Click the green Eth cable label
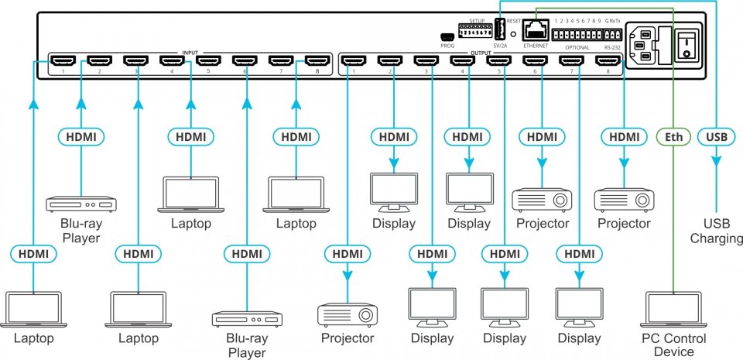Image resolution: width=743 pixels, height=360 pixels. click(674, 137)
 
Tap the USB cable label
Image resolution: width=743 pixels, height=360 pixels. click(717, 137)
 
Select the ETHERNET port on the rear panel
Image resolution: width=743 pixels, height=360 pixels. click(535, 30)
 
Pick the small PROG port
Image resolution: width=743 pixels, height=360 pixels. click(447, 37)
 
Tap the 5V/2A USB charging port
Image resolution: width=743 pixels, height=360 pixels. click(499, 29)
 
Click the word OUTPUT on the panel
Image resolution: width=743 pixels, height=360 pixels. click(481, 54)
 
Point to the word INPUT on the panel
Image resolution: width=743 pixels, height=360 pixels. click(190, 54)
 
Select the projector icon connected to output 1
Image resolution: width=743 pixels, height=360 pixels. click(348, 313)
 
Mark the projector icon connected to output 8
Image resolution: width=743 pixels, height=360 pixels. click(624, 199)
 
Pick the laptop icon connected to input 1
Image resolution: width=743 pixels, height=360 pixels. click(33, 310)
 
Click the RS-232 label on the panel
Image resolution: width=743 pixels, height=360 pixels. click(611, 47)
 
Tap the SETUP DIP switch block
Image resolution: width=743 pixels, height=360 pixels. click(474, 33)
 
